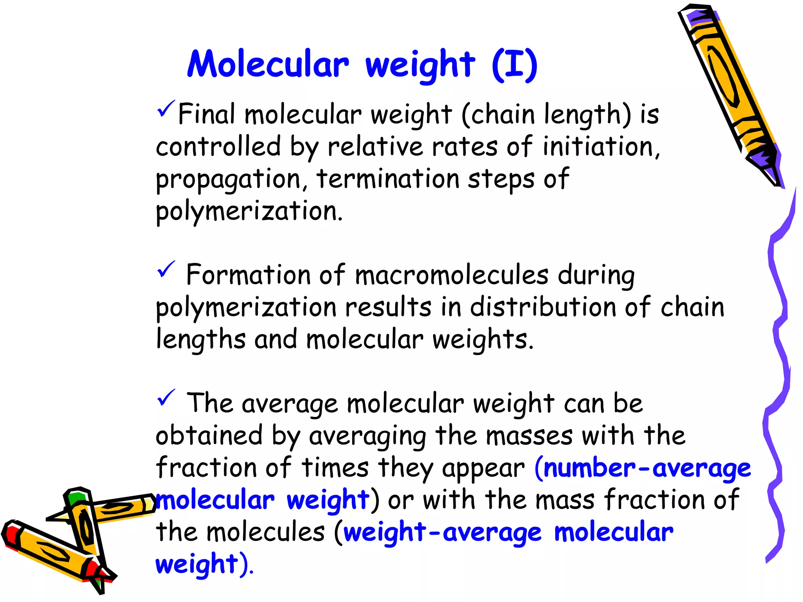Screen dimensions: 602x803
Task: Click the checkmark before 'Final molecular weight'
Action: (x=165, y=109)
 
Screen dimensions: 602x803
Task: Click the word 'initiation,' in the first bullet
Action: (x=601, y=147)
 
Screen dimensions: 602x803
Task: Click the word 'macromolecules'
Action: (x=452, y=275)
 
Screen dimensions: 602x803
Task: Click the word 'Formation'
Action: (x=248, y=275)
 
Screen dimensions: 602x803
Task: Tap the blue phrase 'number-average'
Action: (x=647, y=469)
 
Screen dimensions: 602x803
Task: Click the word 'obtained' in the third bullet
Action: (x=209, y=435)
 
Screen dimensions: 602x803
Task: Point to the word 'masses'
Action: (x=529, y=436)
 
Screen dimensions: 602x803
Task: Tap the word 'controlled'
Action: (x=218, y=147)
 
